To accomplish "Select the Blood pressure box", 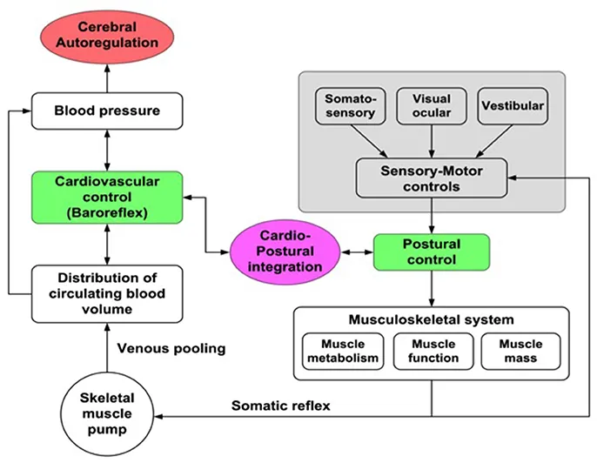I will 105,111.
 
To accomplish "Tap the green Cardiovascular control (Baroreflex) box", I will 105,196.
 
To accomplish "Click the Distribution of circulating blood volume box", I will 105,292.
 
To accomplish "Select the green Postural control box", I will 432,250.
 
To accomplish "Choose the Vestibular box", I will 513,105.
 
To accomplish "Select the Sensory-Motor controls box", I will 432,178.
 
